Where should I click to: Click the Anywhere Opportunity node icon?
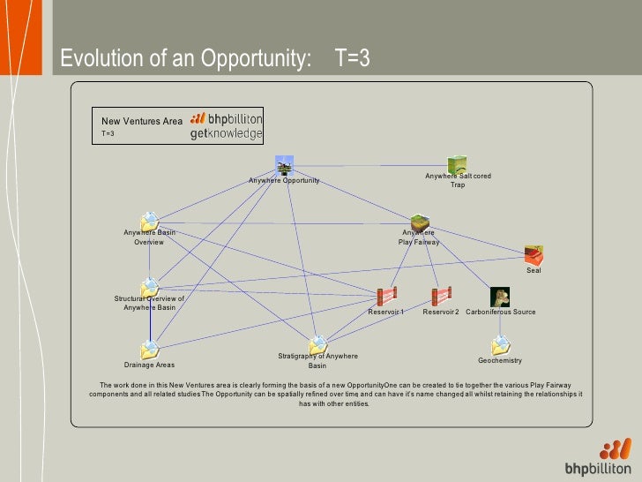[284, 167]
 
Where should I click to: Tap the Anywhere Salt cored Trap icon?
[457, 165]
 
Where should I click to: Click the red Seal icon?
[533, 255]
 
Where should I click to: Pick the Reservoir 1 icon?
[385, 297]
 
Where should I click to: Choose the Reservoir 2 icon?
[441, 297]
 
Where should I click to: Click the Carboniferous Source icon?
[500, 297]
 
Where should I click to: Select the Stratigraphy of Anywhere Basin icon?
[317, 344]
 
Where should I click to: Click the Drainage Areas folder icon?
[150, 350]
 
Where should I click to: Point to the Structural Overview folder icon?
[150, 286]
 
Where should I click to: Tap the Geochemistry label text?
[500, 360]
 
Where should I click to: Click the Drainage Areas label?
[149, 365]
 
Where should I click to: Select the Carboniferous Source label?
[500, 312]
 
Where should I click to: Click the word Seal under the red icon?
[534, 270]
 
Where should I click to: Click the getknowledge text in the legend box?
[227, 134]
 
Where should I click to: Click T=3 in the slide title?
[352, 59]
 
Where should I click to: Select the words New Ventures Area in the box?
[141, 121]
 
